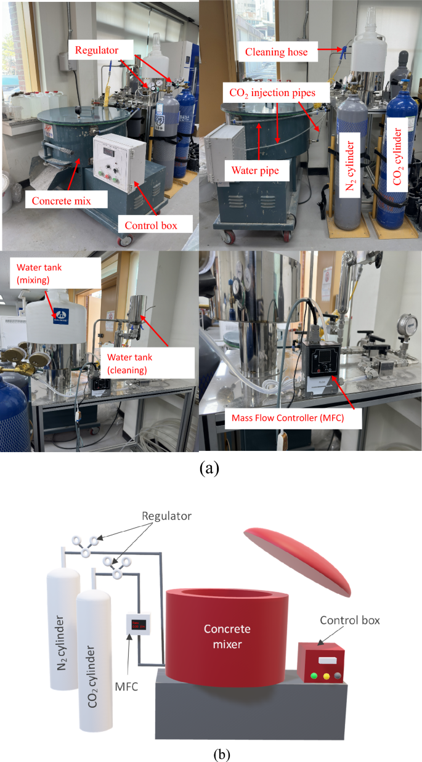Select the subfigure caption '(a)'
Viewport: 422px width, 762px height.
209,468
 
